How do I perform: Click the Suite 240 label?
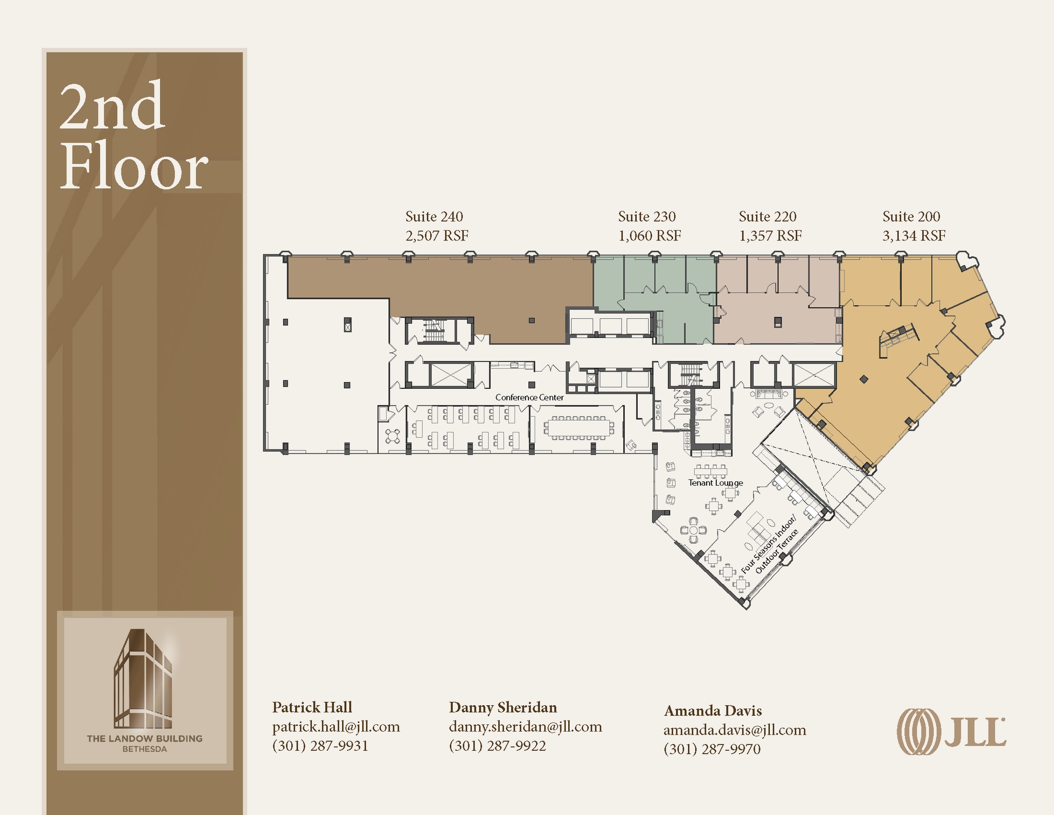[x=434, y=217]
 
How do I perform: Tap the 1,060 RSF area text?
[x=649, y=236]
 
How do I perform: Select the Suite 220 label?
[x=767, y=217]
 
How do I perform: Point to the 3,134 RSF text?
[x=914, y=236]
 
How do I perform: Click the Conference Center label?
[x=529, y=397]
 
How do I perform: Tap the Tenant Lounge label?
[x=715, y=483]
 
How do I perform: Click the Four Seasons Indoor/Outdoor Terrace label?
[x=769, y=545]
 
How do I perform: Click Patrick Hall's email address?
[x=336, y=726]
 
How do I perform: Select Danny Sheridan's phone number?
[x=497, y=745]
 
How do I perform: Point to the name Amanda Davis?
[x=713, y=710]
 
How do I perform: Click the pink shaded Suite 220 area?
[x=772, y=319]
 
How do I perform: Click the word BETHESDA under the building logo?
[x=144, y=749]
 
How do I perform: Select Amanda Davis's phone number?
[x=712, y=749]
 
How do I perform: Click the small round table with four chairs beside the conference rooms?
[x=393, y=436]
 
